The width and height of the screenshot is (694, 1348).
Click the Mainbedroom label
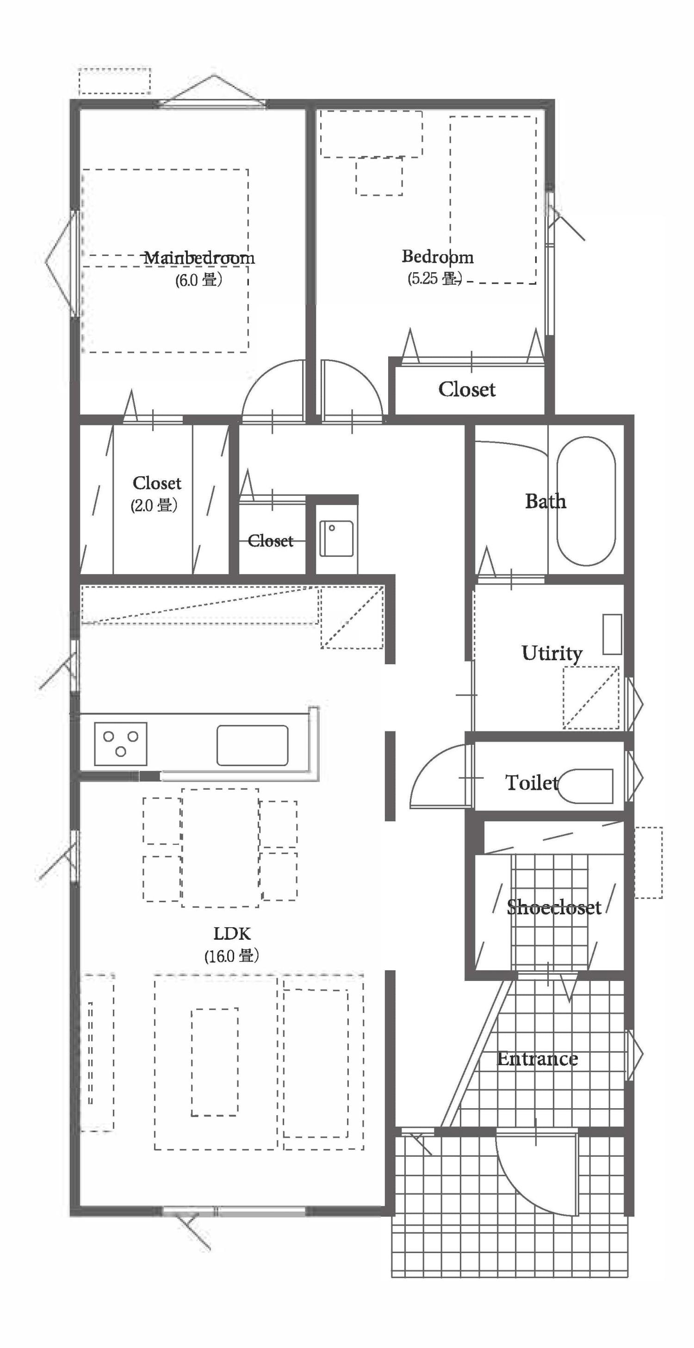(x=199, y=258)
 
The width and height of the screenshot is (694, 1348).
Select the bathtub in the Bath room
(x=586, y=501)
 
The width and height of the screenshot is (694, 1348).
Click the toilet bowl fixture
(x=586, y=786)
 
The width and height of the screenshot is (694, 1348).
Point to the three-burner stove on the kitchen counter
(x=120, y=743)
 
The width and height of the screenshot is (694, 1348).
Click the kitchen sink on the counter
(x=252, y=745)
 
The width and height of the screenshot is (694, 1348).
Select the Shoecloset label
(x=553, y=907)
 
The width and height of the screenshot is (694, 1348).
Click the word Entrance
(x=537, y=1059)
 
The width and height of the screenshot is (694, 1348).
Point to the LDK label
(x=232, y=934)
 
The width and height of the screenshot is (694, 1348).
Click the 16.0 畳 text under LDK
(x=232, y=956)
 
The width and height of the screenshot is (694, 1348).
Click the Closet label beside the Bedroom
(x=466, y=389)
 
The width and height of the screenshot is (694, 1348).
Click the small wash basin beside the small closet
(x=336, y=538)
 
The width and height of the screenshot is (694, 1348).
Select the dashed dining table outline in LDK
(x=220, y=848)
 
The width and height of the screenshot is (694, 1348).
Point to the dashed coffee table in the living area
(x=214, y=1062)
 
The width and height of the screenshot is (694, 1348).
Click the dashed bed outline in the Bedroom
(x=493, y=200)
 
